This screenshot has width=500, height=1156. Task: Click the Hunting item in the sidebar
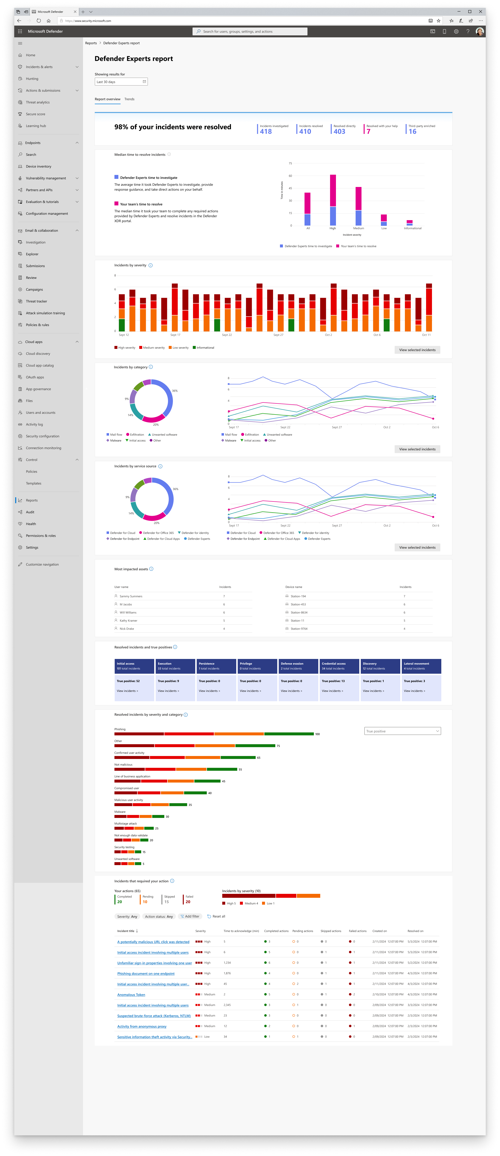click(32, 79)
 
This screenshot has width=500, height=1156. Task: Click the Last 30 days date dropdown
click(121, 82)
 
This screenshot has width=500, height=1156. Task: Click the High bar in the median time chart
click(333, 200)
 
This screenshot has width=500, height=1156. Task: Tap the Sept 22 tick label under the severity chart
click(227, 335)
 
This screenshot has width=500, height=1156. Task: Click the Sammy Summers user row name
click(131, 596)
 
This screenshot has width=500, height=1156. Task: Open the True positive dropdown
click(402, 731)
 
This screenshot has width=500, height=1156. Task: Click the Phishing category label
click(120, 729)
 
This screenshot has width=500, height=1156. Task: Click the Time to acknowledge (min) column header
click(241, 931)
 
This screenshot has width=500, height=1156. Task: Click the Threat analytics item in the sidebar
click(38, 102)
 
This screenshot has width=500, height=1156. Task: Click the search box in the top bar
click(250, 31)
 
